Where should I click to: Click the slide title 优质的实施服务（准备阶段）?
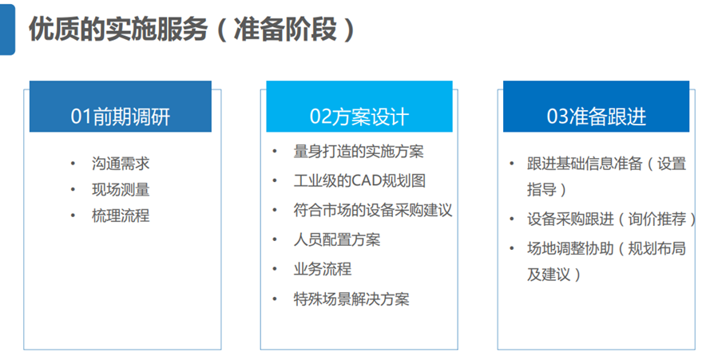192,30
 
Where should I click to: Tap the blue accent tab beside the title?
7,30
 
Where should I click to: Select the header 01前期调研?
121,117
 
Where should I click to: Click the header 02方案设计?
359,117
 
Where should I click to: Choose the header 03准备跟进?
597,117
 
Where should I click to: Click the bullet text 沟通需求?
121,164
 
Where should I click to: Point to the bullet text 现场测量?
121,189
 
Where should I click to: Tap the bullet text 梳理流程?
121,215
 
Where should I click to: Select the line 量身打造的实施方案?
359,151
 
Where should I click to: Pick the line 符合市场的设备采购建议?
373,210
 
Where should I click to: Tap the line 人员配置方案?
337,239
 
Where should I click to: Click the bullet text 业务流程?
323,269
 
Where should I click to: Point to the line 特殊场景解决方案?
351,299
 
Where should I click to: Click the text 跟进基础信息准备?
585,164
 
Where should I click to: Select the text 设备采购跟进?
570,220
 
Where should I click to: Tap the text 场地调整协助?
570,248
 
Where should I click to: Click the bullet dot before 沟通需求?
73,164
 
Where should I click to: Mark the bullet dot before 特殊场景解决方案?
275,299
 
